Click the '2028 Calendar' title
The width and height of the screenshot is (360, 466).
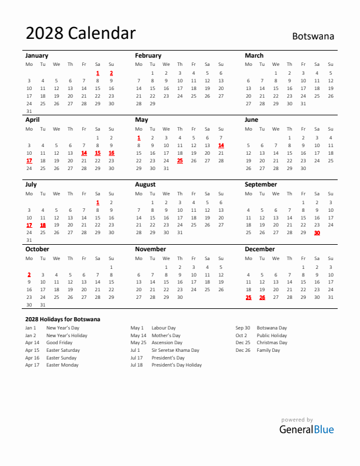[81, 34]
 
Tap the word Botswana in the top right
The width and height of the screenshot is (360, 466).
[313, 36]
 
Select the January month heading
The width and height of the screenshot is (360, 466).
[36, 55]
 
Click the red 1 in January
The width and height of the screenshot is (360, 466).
[98, 73]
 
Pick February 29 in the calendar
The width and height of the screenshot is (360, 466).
[152, 103]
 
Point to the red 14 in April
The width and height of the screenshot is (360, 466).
[84, 153]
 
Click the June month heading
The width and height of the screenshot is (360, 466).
[251, 119]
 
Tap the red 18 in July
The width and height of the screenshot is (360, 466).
[42, 225]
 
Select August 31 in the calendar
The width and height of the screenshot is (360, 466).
[179, 232]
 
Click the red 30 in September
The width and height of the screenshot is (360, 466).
[317, 232]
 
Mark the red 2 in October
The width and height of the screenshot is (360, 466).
[29, 274]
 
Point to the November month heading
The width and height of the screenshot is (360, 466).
[151, 249]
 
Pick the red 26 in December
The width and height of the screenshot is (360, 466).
[262, 297]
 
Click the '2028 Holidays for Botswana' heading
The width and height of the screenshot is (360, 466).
[62, 319]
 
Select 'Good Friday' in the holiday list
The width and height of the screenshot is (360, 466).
[59, 342]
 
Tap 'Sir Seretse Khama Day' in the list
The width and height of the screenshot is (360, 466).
[175, 350]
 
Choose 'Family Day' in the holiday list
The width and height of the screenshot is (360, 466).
[268, 350]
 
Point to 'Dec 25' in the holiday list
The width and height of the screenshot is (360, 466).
[243, 342]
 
